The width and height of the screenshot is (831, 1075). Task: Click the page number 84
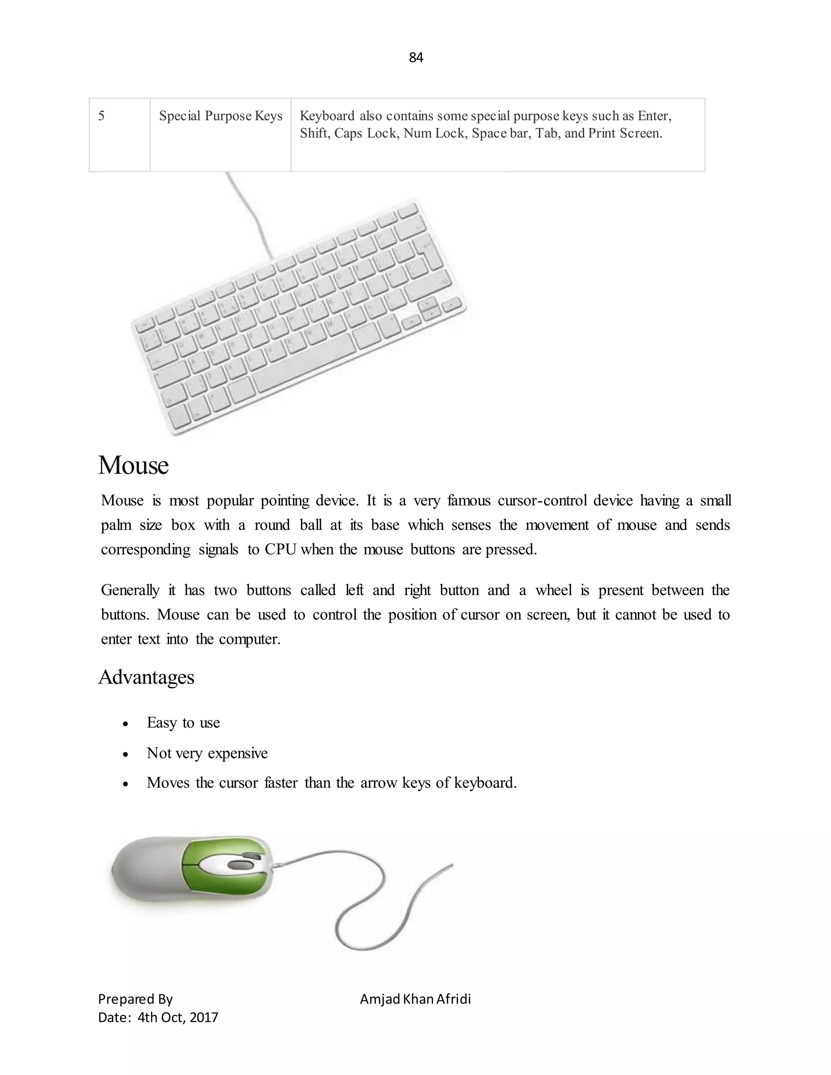pos(416,58)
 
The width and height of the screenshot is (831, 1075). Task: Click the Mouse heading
pos(133,465)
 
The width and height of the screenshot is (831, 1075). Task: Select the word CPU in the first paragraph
pos(280,549)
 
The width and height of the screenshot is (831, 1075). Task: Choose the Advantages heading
pos(146,677)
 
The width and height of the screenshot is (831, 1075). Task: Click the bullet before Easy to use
pos(125,724)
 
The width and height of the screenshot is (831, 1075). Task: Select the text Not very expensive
pos(207,753)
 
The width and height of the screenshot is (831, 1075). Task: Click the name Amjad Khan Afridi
pos(415,999)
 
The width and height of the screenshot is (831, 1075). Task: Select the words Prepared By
pos(136,999)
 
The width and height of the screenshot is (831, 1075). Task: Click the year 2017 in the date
pos(203,1017)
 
